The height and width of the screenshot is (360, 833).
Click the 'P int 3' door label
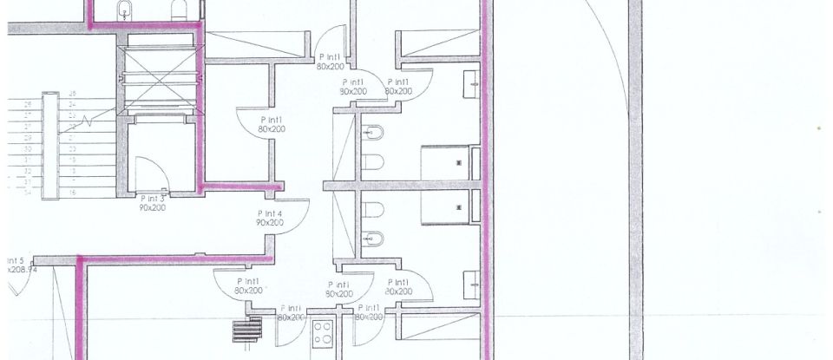pos(153,199)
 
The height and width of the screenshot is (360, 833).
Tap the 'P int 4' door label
pos(270,213)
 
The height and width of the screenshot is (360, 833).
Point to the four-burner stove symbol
pos(324,332)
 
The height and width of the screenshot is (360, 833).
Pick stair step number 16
pos(72,192)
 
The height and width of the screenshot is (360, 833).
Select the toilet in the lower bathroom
pos(374,210)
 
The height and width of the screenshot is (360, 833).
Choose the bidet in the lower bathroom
pos(374,239)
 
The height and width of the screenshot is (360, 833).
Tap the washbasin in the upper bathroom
pos(471,83)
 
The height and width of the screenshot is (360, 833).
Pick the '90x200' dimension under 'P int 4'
pos(270,223)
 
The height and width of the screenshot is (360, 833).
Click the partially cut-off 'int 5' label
pos(16,260)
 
